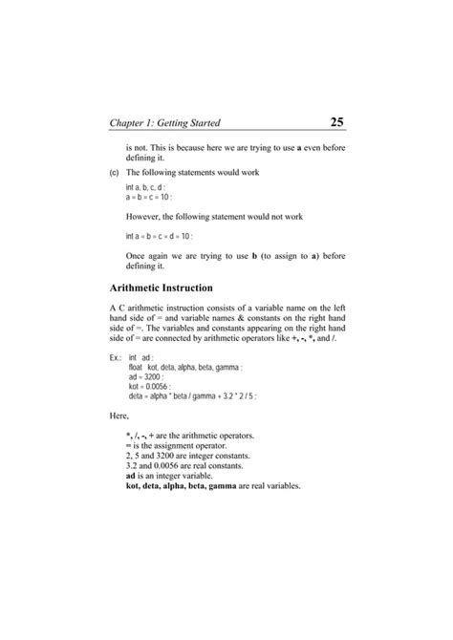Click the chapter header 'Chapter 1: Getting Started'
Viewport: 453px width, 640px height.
(165, 123)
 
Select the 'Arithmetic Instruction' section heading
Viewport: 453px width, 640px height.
(162, 287)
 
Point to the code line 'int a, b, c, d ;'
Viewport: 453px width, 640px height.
(151, 188)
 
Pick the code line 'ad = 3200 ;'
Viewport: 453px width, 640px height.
(149, 376)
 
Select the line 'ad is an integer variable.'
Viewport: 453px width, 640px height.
(174, 476)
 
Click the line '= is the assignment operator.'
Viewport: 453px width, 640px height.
(176, 446)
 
